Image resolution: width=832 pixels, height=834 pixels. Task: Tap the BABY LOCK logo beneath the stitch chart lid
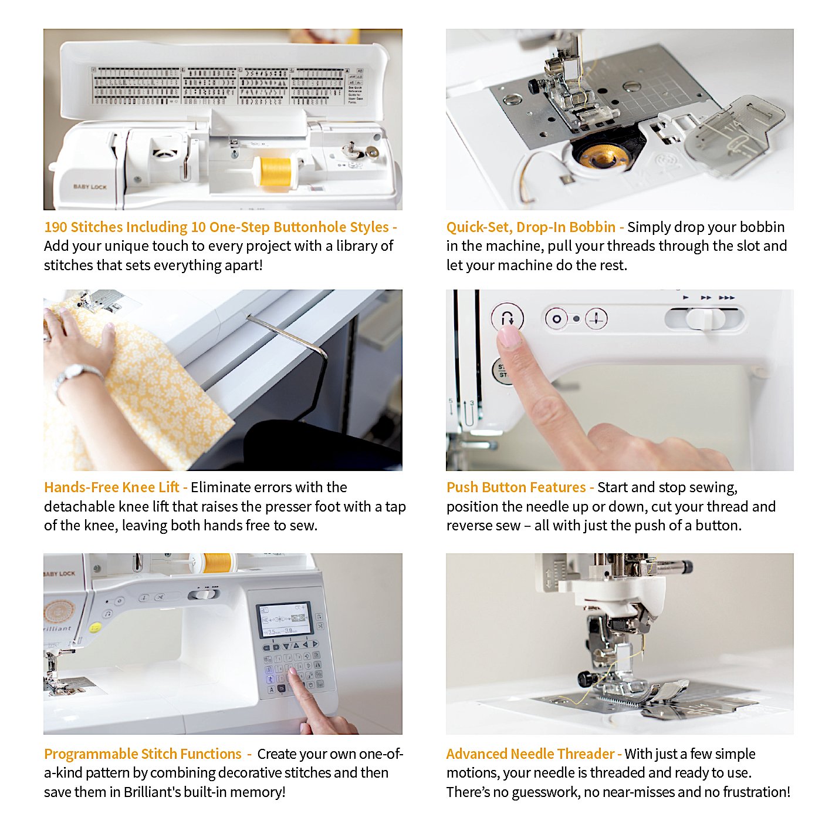point(90,187)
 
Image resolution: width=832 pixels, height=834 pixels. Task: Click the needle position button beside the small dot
point(596,319)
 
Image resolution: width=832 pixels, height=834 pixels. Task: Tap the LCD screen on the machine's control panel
point(285,620)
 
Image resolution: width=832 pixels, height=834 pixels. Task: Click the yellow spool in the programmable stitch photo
point(218,563)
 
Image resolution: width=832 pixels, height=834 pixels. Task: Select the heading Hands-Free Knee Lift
point(111,487)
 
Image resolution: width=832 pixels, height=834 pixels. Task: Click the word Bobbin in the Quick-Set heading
point(593,227)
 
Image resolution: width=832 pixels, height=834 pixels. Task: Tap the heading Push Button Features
point(516,487)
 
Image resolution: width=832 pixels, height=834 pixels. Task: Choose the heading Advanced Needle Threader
point(530,754)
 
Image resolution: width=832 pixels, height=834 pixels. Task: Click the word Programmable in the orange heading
point(90,754)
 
